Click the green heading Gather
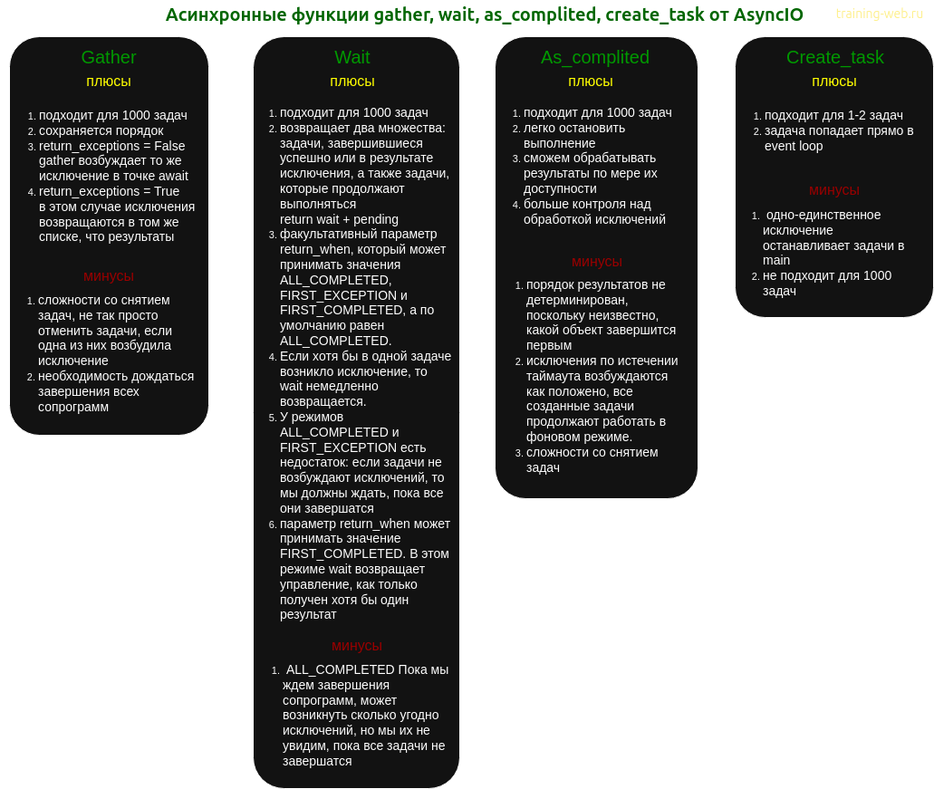[109, 57]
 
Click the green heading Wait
[352, 57]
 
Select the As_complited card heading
[595, 58]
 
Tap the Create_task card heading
[834, 58]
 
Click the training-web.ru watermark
[880, 13]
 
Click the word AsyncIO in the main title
[768, 14]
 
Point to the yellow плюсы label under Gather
[109, 82]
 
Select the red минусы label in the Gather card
[109, 276]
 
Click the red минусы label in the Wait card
[357, 646]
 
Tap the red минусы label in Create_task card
[834, 190]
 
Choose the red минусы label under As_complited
[597, 262]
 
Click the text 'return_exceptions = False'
[112, 146]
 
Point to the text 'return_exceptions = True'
[109, 191]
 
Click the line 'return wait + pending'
[339, 219]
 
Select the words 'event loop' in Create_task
[794, 146]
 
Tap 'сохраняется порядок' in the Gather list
[101, 131]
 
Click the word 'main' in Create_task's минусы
[776, 260]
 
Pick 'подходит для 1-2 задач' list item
[833, 116]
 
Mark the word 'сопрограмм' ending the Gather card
[73, 408]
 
